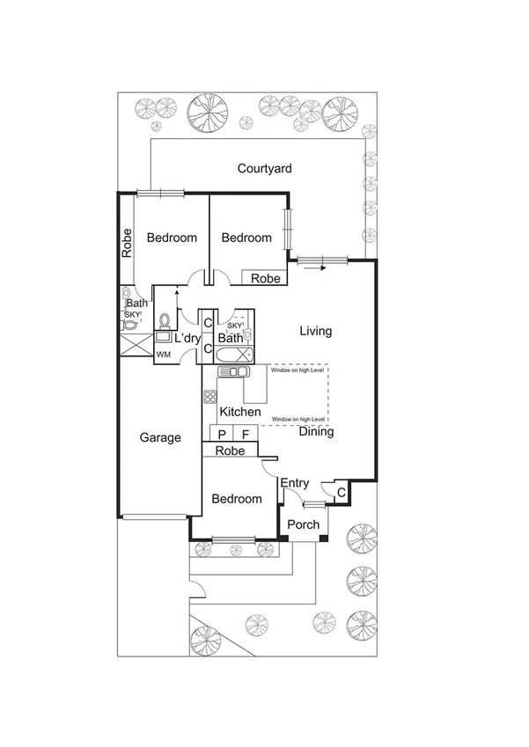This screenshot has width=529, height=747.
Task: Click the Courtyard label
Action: (x=264, y=168)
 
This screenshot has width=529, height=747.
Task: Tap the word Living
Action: (x=315, y=332)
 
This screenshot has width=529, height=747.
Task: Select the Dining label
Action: (x=316, y=432)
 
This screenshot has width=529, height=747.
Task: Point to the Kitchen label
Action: (x=239, y=412)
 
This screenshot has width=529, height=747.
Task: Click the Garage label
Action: (x=160, y=437)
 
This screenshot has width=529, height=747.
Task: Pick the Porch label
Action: (x=304, y=525)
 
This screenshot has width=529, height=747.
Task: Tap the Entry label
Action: (x=295, y=483)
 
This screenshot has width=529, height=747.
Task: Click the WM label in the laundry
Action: (x=163, y=355)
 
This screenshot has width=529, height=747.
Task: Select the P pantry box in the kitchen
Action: (x=222, y=435)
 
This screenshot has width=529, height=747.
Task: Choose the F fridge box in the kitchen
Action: (x=246, y=435)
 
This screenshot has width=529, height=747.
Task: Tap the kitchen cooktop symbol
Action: (x=209, y=396)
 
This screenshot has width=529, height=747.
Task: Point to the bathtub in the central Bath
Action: (x=231, y=355)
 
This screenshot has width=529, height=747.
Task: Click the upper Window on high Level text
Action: (x=298, y=371)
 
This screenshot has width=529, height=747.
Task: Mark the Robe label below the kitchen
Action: (x=230, y=450)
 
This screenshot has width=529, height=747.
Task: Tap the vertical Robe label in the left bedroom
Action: (x=127, y=243)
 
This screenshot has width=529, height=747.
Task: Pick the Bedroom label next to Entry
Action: (x=237, y=499)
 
